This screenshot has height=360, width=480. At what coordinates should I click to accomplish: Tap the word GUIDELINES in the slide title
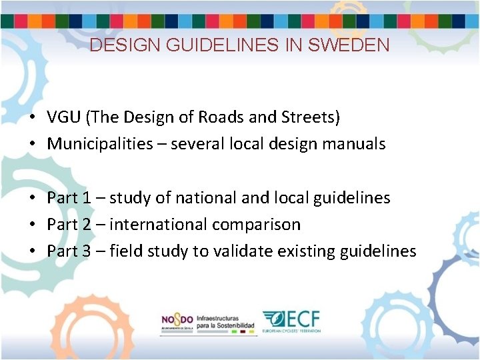point(221,45)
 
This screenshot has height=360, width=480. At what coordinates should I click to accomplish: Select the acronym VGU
point(64,118)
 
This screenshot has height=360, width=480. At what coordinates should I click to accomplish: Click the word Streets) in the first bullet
point(313,118)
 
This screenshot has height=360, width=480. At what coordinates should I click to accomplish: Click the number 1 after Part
point(86,198)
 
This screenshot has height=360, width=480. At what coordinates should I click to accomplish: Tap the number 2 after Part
point(86,225)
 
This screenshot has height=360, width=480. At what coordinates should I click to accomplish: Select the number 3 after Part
point(86,251)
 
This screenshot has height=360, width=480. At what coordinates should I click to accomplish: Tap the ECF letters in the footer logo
point(303,318)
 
